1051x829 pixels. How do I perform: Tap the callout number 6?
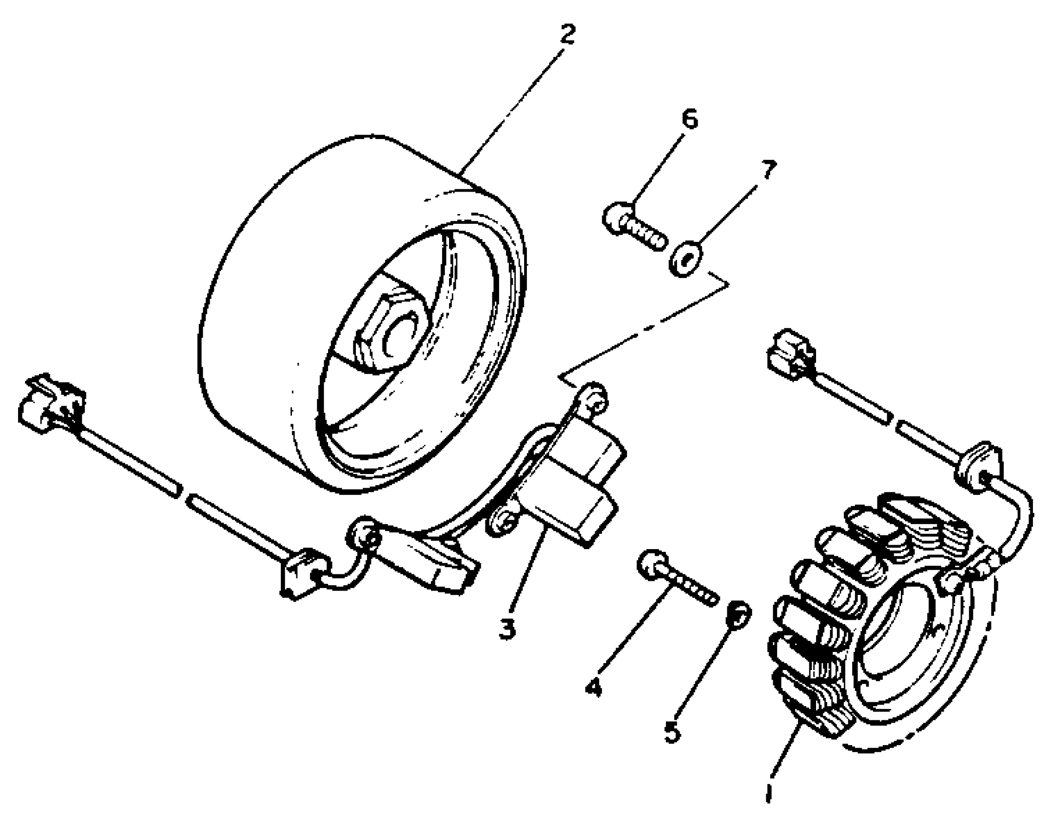click(x=689, y=119)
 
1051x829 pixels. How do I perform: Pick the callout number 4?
click(x=594, y=688)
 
